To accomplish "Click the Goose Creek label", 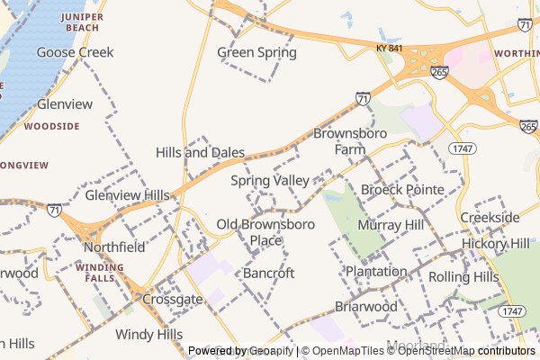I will pos(75,52).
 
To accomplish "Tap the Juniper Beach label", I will pos(78,22).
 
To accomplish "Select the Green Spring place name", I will pos(256,52).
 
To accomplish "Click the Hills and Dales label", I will pos(200,152).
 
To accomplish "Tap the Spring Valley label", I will pos(269,181).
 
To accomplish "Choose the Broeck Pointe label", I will pos(402,190).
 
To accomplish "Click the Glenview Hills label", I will pos(127,195).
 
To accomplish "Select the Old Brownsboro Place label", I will pos(265,232).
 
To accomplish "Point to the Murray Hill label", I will pos(390,224).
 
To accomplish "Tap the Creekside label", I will pos(490,218).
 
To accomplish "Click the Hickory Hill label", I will pos(496,244).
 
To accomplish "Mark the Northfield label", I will pos(114,247).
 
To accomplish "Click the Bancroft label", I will pos(269,273).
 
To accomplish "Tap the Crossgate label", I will pos(172,299).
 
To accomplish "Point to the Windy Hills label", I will pos(148,335).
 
